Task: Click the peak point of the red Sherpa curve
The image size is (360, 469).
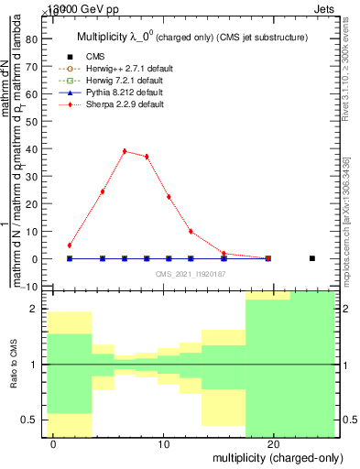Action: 125,151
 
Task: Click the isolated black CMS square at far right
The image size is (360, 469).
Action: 312,258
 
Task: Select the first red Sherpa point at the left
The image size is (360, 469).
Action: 70,245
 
